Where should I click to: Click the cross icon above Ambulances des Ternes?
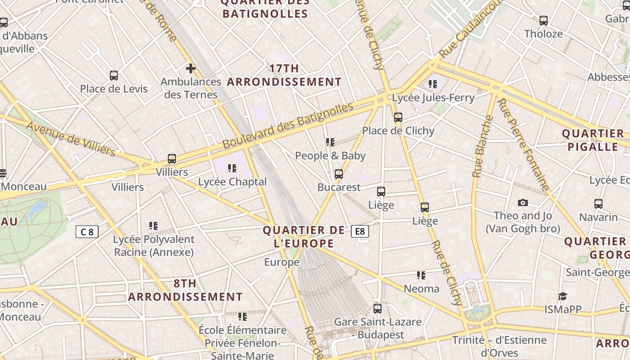pyautogui.click(x=191, y=68)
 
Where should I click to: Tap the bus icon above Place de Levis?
pyautogui.click(x=114, y=76)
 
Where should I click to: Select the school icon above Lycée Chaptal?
pyautogui.click(x=232, y=168)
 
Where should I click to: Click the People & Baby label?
pyautogui.click(x=330, y=156)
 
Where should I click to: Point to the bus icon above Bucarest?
pyautogui.click(x=339, y=174)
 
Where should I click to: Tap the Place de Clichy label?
pyautogui.click(x=398, y=131)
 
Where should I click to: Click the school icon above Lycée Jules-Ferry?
pyautogui.click(x=433, y=84)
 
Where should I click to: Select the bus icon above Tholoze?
pyautogui.click(x=544, y=21)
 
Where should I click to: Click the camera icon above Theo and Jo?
pyautogui.click(x=522, y=202)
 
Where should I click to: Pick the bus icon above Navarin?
pyautogui.click(x=598, y=204)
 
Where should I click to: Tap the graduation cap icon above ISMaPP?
pyautogui.click(x=562, y=296)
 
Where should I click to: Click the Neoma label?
pyautogui.click(x=422, y=288)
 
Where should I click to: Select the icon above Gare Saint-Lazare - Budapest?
pyautogui.click(x=378, y=309)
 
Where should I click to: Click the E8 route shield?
pyautogui.click(x=360, y=231)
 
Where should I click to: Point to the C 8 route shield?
pyautogui.click(x=87, y=232)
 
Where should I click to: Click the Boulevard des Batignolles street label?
pyautogui.click(x=288, y=126)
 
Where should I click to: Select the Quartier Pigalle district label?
pyautogui.click(x=593, y=140)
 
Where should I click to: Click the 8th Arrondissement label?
pyautogui.click(x=185, y=290)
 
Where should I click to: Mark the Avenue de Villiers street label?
pyautogui.click(x=71, y=139)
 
